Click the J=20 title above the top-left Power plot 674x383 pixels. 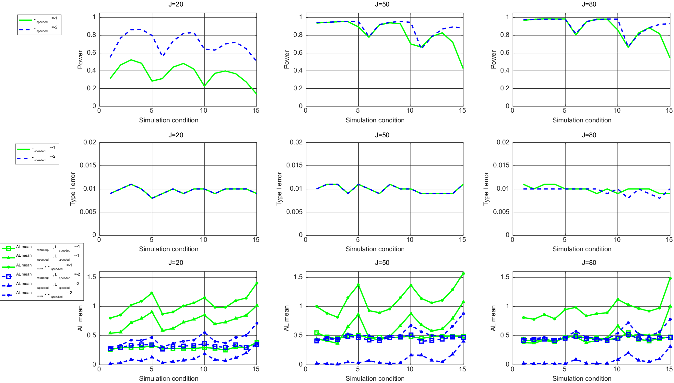pos(175,4)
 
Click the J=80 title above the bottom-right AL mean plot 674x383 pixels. pos(589,263)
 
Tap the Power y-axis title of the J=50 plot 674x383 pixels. pos(286,60)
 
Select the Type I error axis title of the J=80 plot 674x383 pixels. pos(486,189)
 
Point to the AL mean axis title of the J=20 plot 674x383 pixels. pos(80,318)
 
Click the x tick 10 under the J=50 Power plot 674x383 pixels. pos(410,111)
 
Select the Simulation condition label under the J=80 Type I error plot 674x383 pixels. pos(582,249)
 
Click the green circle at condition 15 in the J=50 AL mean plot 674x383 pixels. pos(463,274)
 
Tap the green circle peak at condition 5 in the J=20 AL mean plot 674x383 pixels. pos(152,293)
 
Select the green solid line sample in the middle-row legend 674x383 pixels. pos(23,149)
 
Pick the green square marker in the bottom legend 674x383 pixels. pos(9,248)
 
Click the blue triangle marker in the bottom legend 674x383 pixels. pos(9,285)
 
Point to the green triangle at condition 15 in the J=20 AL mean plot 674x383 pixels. pos(257,305)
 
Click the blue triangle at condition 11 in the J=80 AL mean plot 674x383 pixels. pos(628,353)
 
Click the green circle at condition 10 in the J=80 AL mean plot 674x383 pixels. pos(618,299)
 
